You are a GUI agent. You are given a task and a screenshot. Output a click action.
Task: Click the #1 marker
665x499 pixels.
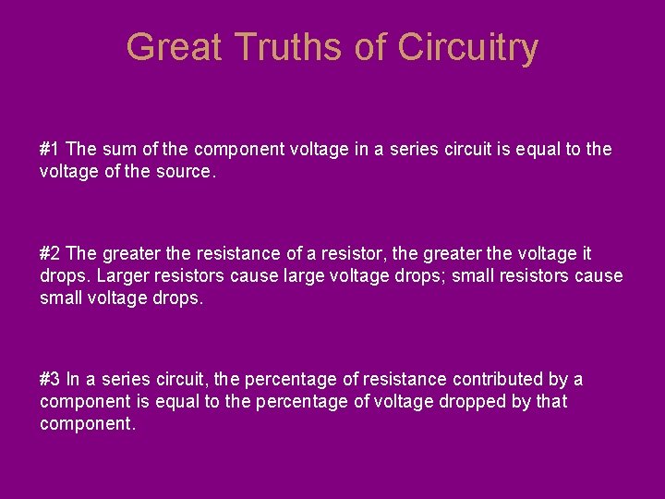(50, 149)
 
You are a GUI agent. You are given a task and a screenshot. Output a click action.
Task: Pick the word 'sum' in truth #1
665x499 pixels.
(115, 149)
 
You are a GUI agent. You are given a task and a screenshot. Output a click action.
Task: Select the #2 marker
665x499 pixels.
(50, 253)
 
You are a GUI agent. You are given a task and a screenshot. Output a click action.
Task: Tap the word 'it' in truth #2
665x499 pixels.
(586, 253)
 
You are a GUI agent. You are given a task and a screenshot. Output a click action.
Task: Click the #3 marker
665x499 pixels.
(50, 379)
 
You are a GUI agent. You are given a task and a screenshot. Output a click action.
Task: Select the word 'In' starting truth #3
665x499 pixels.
(73, 379)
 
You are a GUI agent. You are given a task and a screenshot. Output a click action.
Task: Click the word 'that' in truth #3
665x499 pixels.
(551, 401)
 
